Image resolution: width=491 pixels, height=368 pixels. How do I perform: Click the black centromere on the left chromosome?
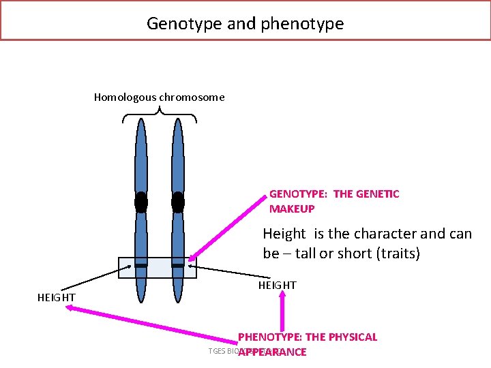(140, 202)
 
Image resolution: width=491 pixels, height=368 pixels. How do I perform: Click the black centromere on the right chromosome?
(178, 202)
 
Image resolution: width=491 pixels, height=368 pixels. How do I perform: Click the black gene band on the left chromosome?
(140, 264)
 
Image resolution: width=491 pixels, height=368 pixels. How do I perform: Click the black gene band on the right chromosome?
(178, 264)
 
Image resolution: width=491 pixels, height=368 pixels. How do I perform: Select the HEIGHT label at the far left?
(56, 297)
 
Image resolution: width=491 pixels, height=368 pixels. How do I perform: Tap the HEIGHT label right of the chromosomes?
(277, 286)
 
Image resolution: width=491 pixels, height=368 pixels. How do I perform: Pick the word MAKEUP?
(292, 209)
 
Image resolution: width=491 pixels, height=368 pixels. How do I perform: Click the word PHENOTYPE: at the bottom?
(269, 337)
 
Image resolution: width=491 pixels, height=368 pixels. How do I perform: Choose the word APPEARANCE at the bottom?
(272, 352)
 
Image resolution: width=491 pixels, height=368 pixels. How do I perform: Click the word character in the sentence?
(382, 234)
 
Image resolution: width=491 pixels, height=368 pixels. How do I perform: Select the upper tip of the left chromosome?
(140, 122)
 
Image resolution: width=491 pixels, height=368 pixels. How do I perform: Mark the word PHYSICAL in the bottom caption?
(353, 337)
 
